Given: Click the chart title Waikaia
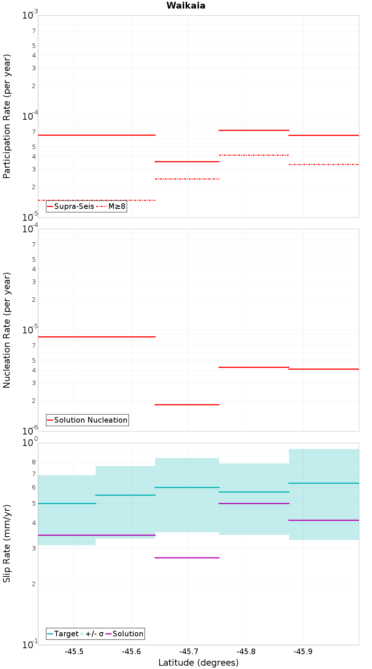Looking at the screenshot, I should point(186,6).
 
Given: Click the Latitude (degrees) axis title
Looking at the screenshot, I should point(198,662).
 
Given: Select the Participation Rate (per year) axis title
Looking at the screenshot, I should point(7,116).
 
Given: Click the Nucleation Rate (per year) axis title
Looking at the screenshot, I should point(7,330).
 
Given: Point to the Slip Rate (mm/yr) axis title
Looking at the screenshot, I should point(7,544).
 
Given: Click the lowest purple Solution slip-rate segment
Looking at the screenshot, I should point(187,557).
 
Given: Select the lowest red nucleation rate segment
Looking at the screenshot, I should point(187,404).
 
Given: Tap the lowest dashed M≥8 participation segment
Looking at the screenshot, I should point(97,200).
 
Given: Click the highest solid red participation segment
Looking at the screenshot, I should point(254,130).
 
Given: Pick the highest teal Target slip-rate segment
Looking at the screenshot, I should point(324,483).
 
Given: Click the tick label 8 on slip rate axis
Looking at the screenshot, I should point(34,462).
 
